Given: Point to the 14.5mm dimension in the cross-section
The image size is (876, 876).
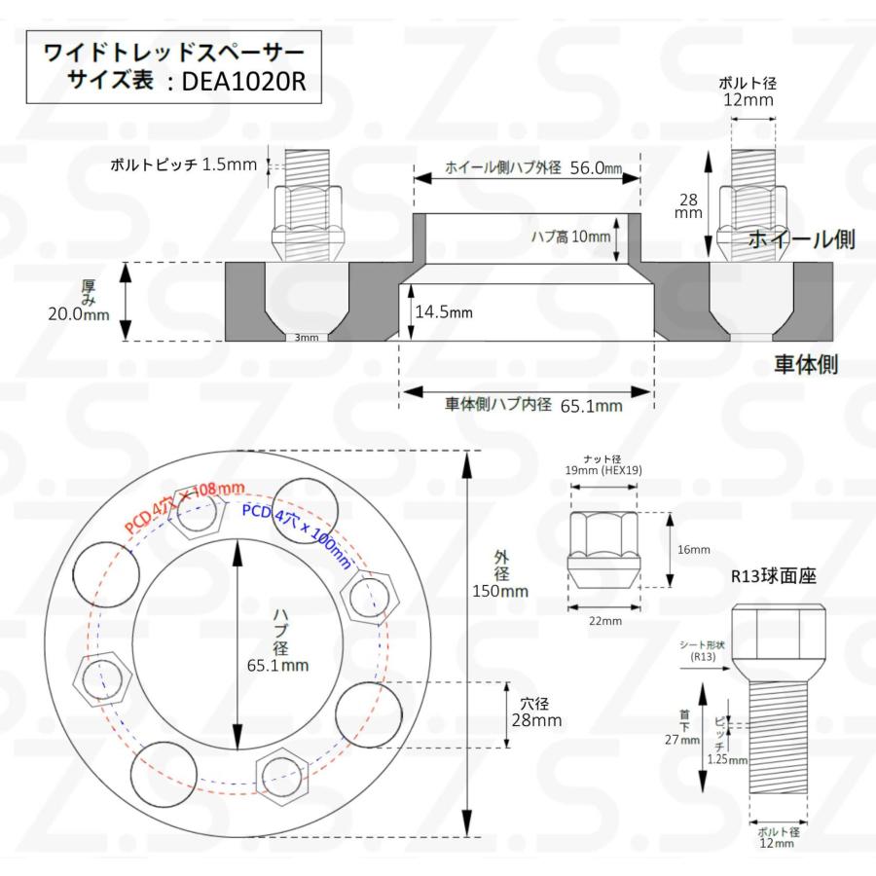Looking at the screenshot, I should pyautogui.click(x=443, y=313).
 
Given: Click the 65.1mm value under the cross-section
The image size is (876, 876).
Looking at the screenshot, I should pyautogui.click(x=590, y=406).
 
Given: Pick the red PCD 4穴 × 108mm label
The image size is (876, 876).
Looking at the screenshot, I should pyautogui.click(x=184, y=506).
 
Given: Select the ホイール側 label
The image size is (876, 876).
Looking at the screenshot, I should pyautogui.click(x=801, y=239).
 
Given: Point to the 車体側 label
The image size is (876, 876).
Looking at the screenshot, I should pyautogui.click(x=805, y=365).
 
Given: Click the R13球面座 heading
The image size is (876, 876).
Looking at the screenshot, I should pyautogui.click(x=774, y=576).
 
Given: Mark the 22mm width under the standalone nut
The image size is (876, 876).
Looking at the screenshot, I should pyautogui.click(x=604, y=620).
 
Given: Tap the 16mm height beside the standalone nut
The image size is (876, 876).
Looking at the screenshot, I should pyautogui.click(x=694, y=550).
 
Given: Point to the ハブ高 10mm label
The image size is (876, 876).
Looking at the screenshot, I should pyautogui.click(x=570, y=236).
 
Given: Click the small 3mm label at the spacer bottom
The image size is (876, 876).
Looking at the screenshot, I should pyautogui.click(x=306, y=338).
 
